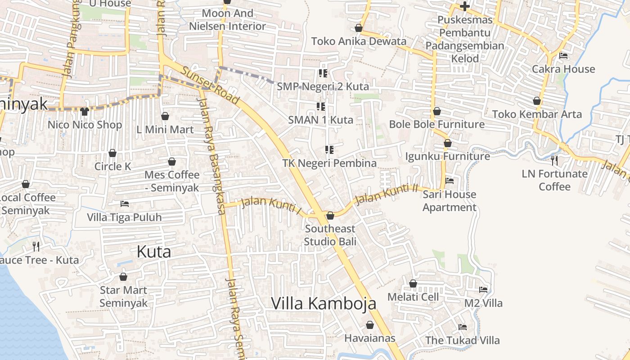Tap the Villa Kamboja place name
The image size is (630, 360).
click(324, 303)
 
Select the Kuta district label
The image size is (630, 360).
click(153, 252)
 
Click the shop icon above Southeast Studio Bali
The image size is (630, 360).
click(330, 216)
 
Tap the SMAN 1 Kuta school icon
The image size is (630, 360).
click(321, 107)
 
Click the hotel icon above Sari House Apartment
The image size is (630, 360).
click(449, 181)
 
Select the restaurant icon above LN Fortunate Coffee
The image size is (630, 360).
click(554, 160)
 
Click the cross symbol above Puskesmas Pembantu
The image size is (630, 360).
click(464, 6)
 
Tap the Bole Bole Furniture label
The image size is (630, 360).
click(436, 124)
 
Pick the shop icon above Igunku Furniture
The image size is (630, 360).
click(447, 143)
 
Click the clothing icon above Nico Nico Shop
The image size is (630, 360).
click(85, 111)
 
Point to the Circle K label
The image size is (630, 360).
click(112, 166)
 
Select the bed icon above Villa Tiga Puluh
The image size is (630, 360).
click(124, 204)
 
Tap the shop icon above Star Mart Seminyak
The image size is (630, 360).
click(123, 277)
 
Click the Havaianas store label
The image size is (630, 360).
click(369, 338)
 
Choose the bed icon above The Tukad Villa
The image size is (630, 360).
click(462, 327)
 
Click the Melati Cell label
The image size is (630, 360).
click(413, 297)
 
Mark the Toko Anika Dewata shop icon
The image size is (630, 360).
click(359, 28)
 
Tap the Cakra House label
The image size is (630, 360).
click(563, 69)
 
